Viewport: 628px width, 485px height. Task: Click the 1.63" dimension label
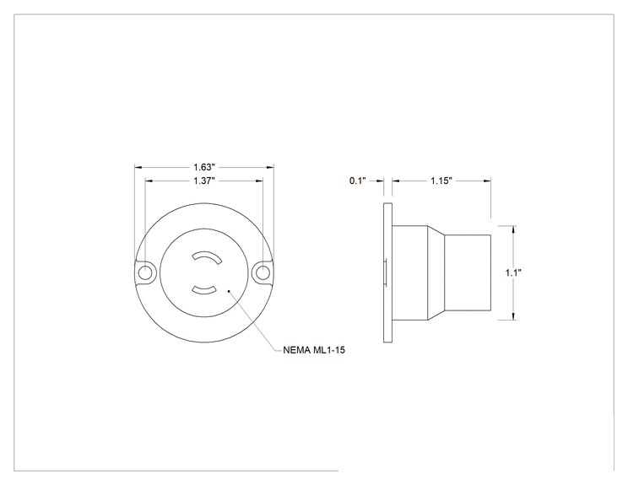tap(204, 167)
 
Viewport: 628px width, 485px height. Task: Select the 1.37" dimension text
tap(204, 181)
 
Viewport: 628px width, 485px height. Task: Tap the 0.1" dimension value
tap(358, 181)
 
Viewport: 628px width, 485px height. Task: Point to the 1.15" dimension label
tap(441, 181)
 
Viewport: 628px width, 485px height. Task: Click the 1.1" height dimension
tap(513, 273)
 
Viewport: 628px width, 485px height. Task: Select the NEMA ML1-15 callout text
tap(314, 350)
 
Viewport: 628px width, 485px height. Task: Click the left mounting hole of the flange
tap(145, 273)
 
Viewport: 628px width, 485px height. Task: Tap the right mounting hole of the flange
tap(263, 273)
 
